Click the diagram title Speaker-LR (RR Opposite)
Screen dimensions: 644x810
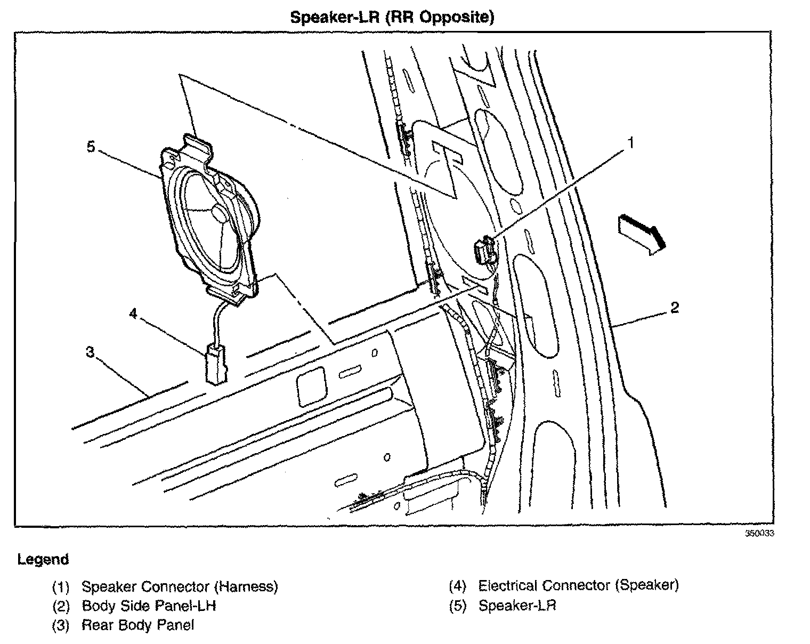pyautogui.click(x=392, y=18)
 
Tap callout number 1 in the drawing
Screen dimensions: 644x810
pyautogui.click(x=630, y=143)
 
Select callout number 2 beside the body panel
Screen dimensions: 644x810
pyautogui.click(x=675, y=308)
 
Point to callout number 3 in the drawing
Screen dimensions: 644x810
pyautogui.click(x=90, y=352)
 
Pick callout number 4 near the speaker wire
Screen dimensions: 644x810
pyautogui.click(x=133, y=313)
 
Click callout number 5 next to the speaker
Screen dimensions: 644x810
pyautogui.click(x=91, y=146)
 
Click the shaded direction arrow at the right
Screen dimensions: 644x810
pyautogui.click(x=642, y=234)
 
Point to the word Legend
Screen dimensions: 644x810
pyautogui.click(x=43, y=560)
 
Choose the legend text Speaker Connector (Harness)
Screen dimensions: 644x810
pyautogui.click(x=180, y=587)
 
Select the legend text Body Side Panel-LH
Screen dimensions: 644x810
pyautogui.click(x=149, y=606)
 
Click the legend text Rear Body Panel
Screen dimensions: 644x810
pyautogui.click(x=137, y=625)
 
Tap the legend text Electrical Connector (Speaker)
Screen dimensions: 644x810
pyautogui.click(x=578, y=585)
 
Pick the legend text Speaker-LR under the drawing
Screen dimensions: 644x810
pyautogui.click(x=517, y=606)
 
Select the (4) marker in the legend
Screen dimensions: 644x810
pyautogui.click(x=458, y=586)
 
